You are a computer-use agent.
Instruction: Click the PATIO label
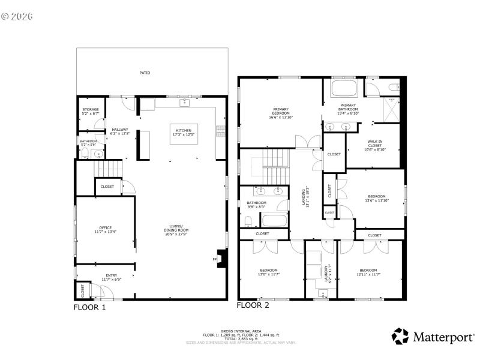pyautogui.click(x=145, y=73)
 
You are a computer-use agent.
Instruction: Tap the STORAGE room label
pyautogui.click(x=91, y=111)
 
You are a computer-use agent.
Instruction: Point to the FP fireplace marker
pyautogui.click(x=214, y=259)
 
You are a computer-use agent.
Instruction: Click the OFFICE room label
pyautogui.click(x=106, y=229)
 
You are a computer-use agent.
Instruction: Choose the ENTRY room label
pyautogui.click(x=112, y=277)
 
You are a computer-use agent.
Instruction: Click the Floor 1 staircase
pyautogui.click(x=107, y=169)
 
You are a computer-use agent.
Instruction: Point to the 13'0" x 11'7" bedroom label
pyautogui.click(x=269, y=272)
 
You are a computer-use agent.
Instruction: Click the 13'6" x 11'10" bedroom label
pyautogui.click(x=376, y=198)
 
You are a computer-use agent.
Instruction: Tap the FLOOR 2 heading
pyautogui.click(x=253, y=305)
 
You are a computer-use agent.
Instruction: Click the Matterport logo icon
pyautogui.click(x=401, y=337)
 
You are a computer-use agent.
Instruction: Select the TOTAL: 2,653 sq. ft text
pyautogui.click(x=240, y=339)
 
